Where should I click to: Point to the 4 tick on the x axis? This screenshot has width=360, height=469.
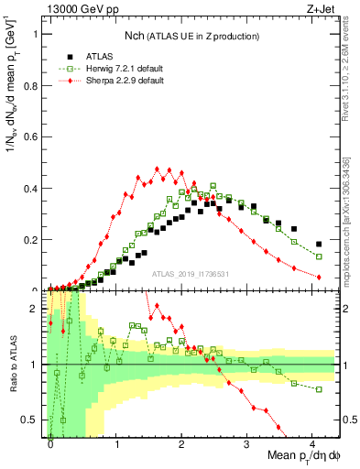tap(312, 443)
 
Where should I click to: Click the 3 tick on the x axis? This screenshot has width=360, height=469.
tap(247, 443)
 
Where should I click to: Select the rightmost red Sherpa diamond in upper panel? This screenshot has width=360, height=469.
tap(319, 277)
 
